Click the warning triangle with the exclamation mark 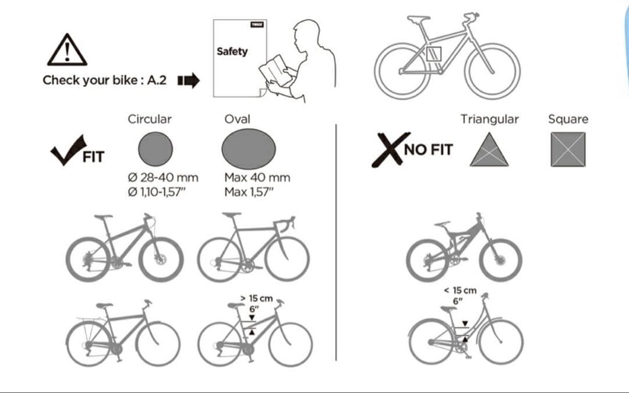(67, 50)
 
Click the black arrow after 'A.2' (189, 80)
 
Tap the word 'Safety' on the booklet (232, 51)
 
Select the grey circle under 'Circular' (156, 149)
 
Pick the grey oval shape (249, 149)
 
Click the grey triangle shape (489, 150)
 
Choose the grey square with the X (568, 149)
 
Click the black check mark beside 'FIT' (68, 149)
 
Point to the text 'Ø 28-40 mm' (163, 177)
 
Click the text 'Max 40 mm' (257, 177)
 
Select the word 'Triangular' (489, 119)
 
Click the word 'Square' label (568, 119)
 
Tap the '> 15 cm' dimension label (256, 299)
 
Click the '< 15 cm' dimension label (460, 290)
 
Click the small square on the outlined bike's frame (434, 54)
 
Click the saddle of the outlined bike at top (418, 19)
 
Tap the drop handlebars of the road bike (285, 223)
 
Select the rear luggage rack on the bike (91, 320)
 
